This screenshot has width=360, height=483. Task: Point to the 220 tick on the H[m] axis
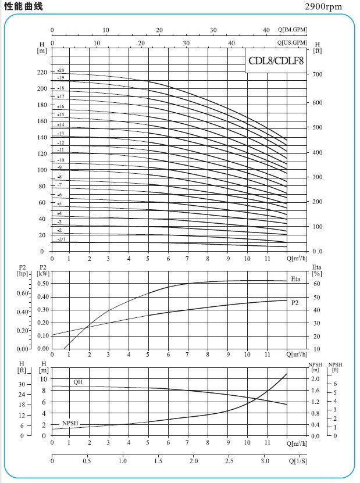tap(41, 73)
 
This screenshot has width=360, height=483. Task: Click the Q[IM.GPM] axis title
tap(292, 30)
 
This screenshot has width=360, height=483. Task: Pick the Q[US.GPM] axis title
tap(292, 43)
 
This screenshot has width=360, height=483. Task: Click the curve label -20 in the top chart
tap(61, 70)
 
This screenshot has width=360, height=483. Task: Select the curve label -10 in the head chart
tap(61, 160)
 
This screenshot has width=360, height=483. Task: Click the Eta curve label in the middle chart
tap(295, 279)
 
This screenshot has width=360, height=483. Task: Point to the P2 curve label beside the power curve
tap(295, 303)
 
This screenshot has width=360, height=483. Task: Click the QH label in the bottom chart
tap(78, 382)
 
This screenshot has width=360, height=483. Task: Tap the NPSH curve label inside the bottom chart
tap(70, 423)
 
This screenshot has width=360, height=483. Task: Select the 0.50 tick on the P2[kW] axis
tap(42, 284)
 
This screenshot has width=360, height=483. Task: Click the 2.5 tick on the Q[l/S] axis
tap(230, 461)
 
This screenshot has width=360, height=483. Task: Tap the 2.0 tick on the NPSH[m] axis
tap(315, 379)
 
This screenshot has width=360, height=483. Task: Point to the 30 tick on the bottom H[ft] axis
tap(22, 384)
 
